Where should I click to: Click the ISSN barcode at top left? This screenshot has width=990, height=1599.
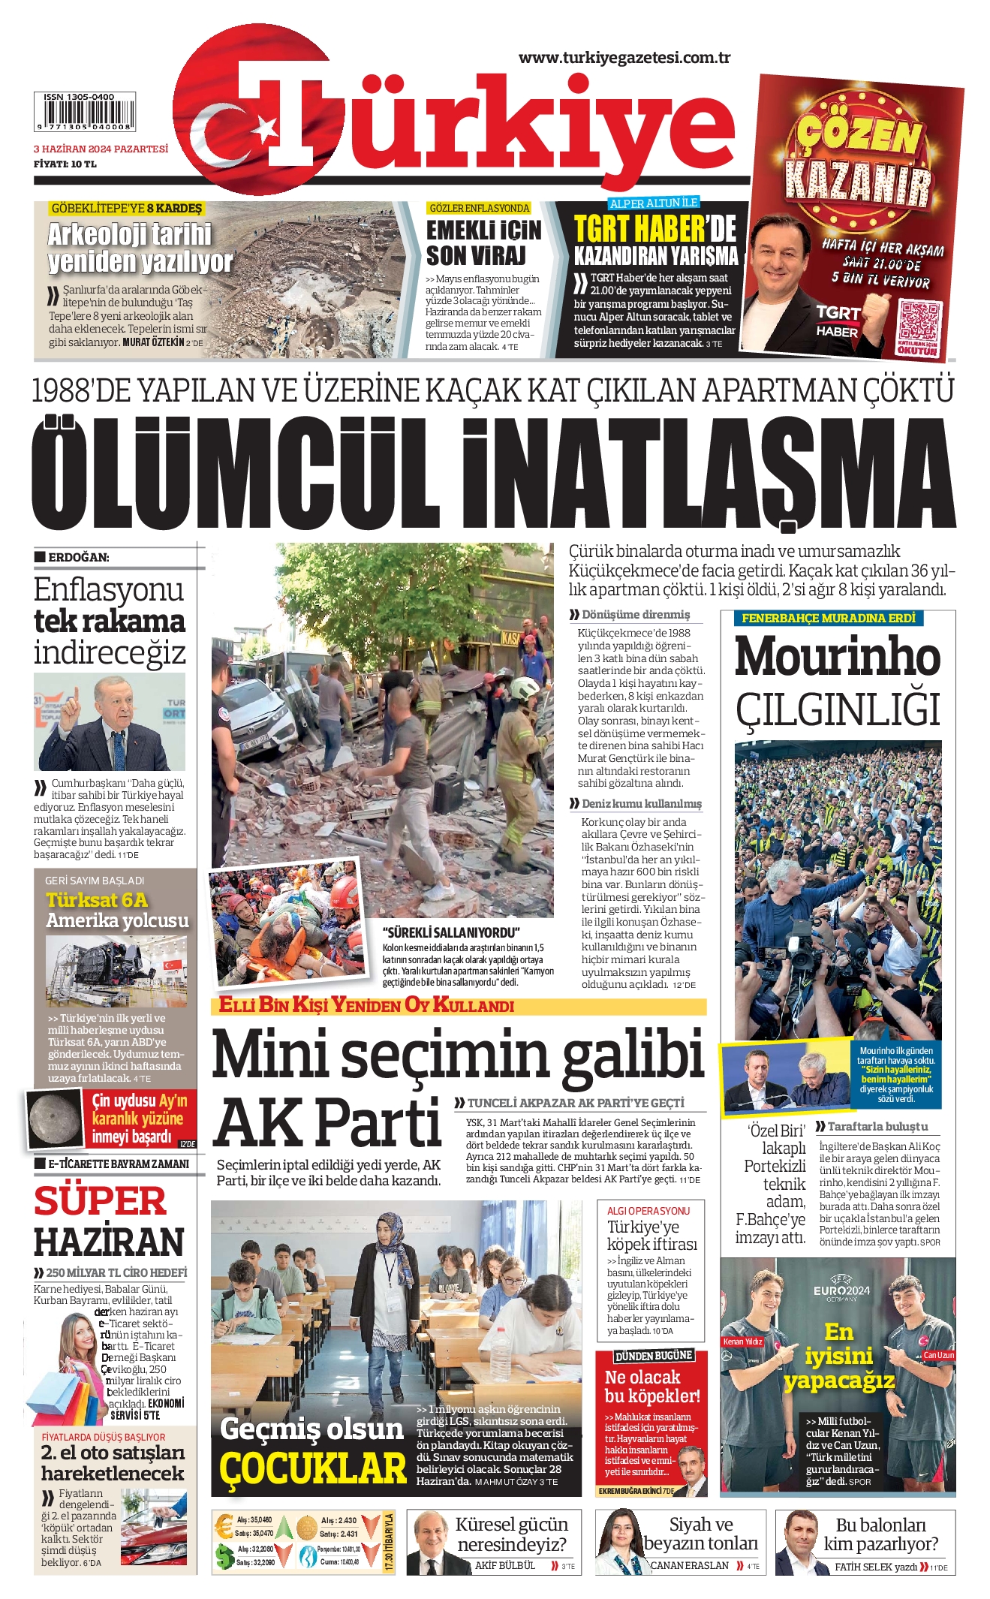(85, 113)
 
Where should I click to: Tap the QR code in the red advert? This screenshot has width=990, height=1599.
(919, 321)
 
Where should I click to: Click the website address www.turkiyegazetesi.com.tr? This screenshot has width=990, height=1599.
(624, 58)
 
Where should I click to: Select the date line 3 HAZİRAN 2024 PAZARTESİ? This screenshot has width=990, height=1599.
(101, 149)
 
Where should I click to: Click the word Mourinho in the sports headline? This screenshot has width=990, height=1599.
(837, 656)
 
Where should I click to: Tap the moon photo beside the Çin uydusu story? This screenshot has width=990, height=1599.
(56, 1119)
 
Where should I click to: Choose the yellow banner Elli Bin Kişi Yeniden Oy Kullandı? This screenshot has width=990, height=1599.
(366, 1005)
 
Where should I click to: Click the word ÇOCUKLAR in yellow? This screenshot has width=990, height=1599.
(312, 1468)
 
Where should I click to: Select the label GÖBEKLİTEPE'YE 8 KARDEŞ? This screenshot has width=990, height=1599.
(126, 208)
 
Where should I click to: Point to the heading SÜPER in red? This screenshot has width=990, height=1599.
(100, 1200)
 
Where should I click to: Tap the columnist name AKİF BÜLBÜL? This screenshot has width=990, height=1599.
(505, 1565)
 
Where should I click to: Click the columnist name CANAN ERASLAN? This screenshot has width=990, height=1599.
(689, 1565)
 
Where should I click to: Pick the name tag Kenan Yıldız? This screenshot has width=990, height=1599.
(742, 1341)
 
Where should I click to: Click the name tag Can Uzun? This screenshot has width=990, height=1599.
(938, 1355)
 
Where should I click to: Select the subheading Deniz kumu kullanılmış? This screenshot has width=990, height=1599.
(642, 803)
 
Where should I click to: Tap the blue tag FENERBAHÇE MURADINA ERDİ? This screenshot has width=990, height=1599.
(829, 618)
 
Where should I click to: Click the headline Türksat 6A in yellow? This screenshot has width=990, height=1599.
(97, 900)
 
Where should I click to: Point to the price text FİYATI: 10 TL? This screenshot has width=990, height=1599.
(65, 164)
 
